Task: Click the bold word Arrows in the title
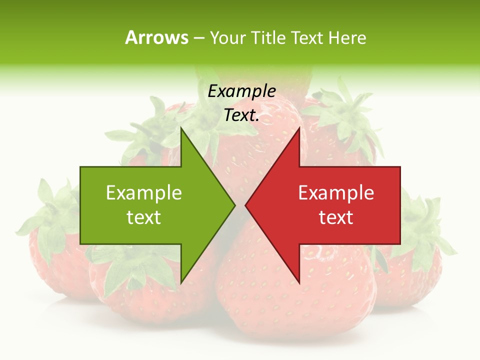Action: click(156, 37)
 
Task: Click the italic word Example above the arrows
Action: click(241, 91)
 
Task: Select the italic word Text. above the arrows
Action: click(241, 115)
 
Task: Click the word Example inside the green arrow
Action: click(144, 192)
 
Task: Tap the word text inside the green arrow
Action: click(144, 217)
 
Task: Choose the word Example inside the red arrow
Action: click(336, 192)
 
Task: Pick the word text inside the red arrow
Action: click(336, 217)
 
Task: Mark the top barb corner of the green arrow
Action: click(181, 129)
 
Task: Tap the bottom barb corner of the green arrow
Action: click(181, 282)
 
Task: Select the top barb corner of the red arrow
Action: click(299, 129)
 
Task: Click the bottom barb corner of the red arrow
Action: click(299, 282)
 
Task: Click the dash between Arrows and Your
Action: click(198, 38)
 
